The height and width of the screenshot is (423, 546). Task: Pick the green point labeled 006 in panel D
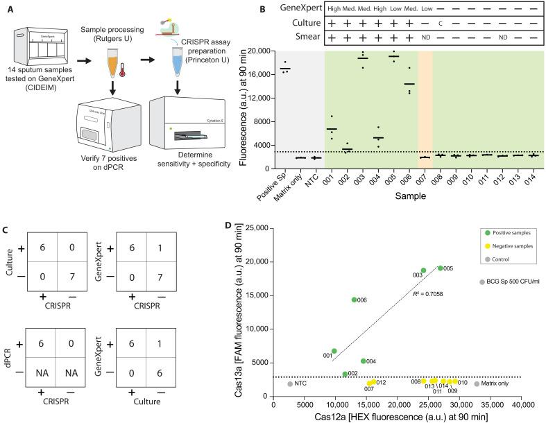coord(354,300)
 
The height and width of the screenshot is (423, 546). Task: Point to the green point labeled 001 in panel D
coord(334,351)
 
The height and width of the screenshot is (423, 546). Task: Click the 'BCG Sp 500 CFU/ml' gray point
coord(481,282)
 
